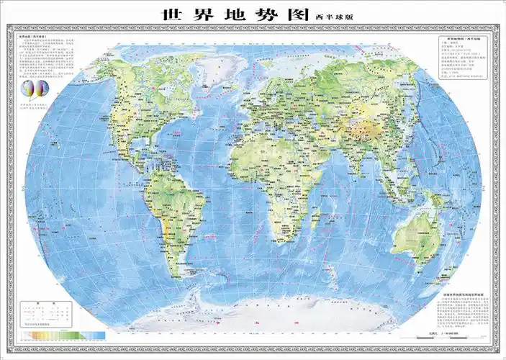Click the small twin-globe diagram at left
[34, 90]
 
